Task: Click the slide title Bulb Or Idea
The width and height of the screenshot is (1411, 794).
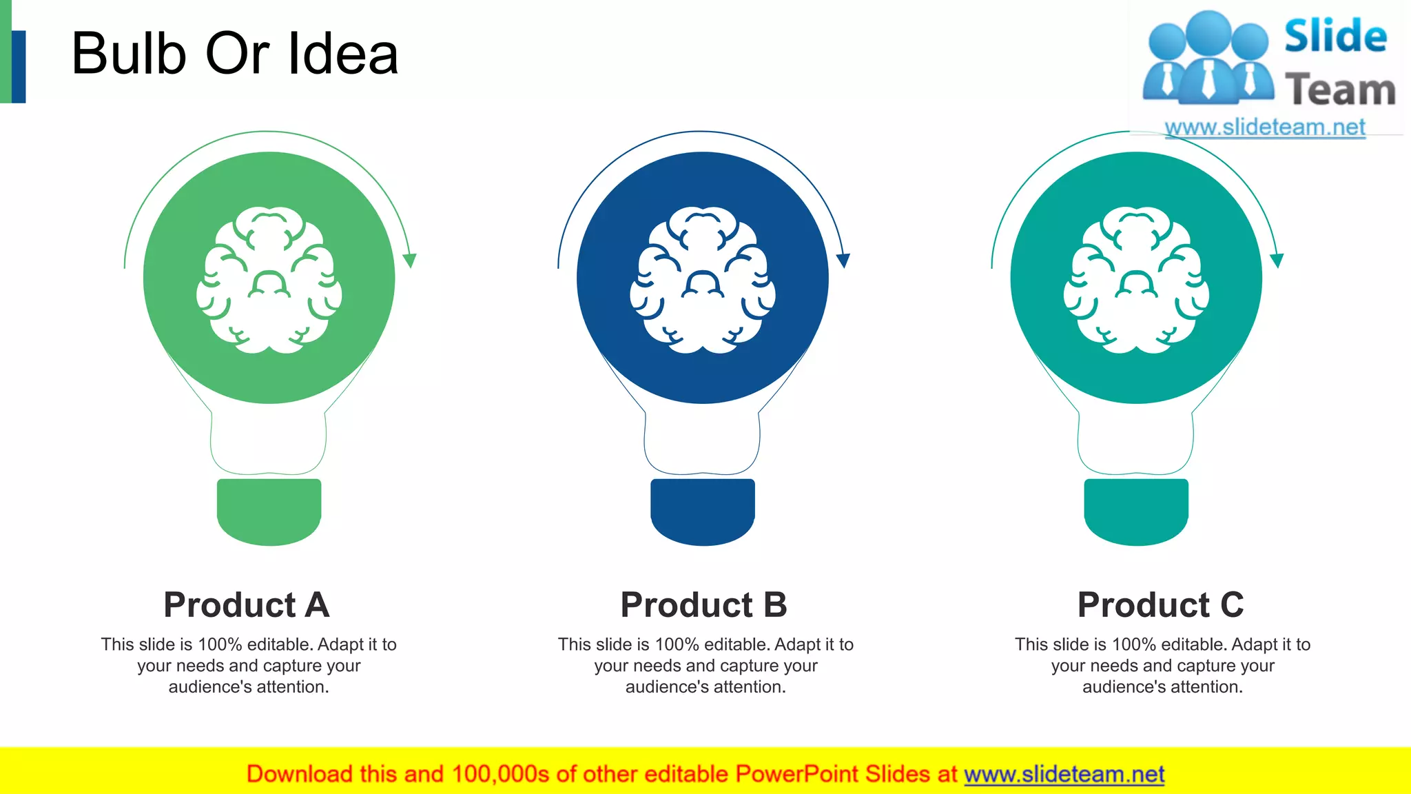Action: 235,54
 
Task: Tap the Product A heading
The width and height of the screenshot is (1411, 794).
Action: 247,604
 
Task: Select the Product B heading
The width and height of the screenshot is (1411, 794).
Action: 703,604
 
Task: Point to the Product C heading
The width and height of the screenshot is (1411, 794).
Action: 1161,604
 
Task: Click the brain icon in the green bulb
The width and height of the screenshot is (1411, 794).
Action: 269,280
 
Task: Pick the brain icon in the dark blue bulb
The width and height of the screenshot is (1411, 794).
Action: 702,280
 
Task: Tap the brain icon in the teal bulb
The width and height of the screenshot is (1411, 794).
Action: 1136,280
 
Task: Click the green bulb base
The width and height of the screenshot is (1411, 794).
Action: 269,511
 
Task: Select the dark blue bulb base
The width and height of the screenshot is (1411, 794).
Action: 702,511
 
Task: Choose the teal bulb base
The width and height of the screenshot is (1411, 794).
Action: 1136,511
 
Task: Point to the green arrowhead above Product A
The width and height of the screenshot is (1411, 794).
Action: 410,261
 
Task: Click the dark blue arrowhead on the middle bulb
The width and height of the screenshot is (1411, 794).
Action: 843,261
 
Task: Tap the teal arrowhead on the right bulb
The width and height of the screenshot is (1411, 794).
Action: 1277,261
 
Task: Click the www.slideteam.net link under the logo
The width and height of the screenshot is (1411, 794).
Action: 1265,128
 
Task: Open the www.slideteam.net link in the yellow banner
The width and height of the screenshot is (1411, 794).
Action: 1064,774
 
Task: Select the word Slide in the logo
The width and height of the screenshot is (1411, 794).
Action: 1335,36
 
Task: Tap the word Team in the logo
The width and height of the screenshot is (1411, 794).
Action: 1340,90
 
